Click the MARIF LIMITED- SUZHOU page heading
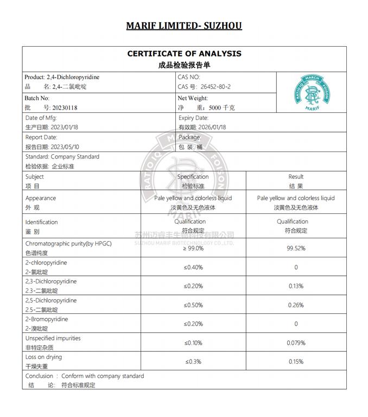tap(184, 26)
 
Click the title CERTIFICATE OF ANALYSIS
tap(184, 53)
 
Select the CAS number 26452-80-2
tap(215, 87)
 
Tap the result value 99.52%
tap(296, 248)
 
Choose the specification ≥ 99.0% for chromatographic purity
tap(193, 248)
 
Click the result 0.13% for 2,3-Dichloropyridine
tap(296, 286)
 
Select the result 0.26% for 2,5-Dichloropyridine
tap(296, 305)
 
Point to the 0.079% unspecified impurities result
tap(296, 343)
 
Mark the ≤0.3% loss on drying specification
tap(193, 362)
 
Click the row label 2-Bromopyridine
tap(46, 319)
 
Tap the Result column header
tap(296, 176)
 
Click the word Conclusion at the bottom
tap(39, 376)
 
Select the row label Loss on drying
tap(43, 357)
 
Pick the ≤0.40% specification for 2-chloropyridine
tap(193, 267)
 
